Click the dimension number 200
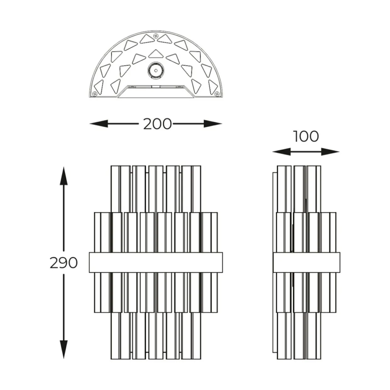coord(158,124)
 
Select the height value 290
coord(64,263)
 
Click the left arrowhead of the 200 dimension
coord(98,124)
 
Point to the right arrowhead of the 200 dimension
coord(213,124)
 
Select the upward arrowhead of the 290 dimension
coord(64,176)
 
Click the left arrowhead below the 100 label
coord(281,152)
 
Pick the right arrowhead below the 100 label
coord(330,152)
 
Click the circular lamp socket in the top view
coord(156,70)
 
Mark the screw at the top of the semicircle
coord(156,36)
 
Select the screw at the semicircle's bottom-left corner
coord(94,94)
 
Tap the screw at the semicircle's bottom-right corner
coord(217,94)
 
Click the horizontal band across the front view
coord(156,262)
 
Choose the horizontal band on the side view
coord(306,262)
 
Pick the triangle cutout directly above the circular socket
coord(156,53)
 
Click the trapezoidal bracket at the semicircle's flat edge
coord(156,92)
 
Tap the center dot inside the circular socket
coord(156,70)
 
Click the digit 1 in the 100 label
coord(296,136)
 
